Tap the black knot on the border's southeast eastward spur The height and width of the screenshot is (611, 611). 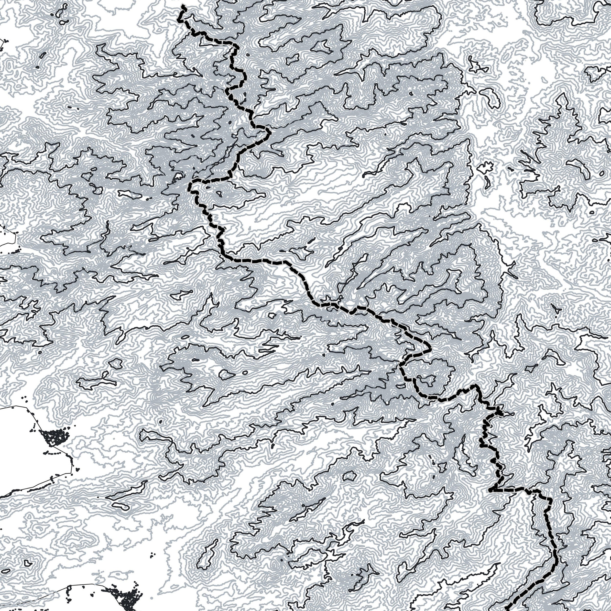499,412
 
